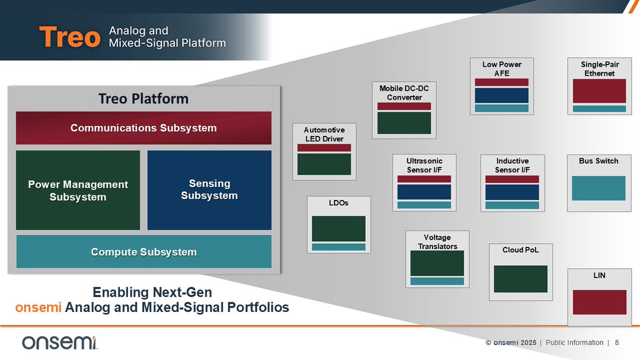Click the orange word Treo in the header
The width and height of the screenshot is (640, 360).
[x=69, y=37]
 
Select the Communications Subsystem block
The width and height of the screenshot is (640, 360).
[x=143, y=128]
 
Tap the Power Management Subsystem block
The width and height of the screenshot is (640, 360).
[x=78, y=190]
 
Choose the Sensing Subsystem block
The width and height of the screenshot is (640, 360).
[x=209, y=190]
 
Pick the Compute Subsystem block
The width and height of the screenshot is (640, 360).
[x=143, y=252]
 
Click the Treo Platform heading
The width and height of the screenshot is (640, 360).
[x=143, y=99]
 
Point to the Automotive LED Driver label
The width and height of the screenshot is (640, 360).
[x=324, y=134]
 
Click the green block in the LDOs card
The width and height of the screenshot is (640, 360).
[x=338, y=229]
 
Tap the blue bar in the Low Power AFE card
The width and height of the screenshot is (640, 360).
[x=501, y=95]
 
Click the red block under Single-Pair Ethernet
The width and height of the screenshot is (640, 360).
[x=599, y=91]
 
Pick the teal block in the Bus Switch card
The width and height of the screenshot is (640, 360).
[x=598, y=188]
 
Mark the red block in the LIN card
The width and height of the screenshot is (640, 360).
[x=599, y=302]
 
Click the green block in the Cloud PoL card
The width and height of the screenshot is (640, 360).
[x=521, y=278]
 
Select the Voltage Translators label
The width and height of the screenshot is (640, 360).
[x=437, y=242]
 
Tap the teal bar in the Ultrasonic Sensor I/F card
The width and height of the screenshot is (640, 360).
[x=424, y=205]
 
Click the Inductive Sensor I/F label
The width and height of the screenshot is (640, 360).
[x=512, y=165]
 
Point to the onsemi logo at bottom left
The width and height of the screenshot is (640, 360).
[x=59, y=343]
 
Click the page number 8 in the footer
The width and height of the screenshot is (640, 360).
[x=617, y=343]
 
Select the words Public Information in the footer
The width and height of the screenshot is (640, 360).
[x=574, y=343]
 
